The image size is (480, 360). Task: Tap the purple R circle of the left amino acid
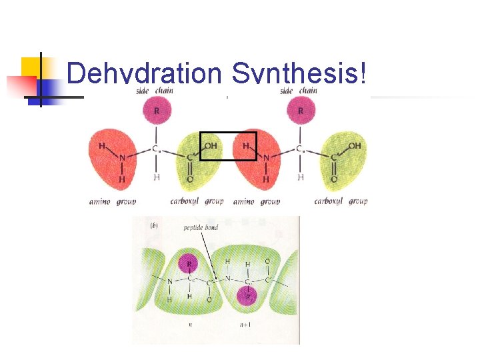(157, 110)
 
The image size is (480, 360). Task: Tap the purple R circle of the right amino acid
(301, 110)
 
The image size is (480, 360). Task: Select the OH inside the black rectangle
(210, 145)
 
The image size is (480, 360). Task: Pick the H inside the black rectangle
(245, 145)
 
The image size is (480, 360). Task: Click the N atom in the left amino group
(122, 158)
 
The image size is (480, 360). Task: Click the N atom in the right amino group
(266, 158)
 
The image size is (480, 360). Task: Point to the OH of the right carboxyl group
(354, 145)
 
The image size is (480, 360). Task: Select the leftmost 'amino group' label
(113, 201)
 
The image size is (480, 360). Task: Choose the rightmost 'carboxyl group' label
(341, 201)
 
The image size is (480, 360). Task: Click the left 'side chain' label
(155, 91)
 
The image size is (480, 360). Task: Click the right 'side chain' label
(299, 91)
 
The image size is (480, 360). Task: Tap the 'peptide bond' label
(201, 228)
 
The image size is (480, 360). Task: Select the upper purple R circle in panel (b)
(191, 264)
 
